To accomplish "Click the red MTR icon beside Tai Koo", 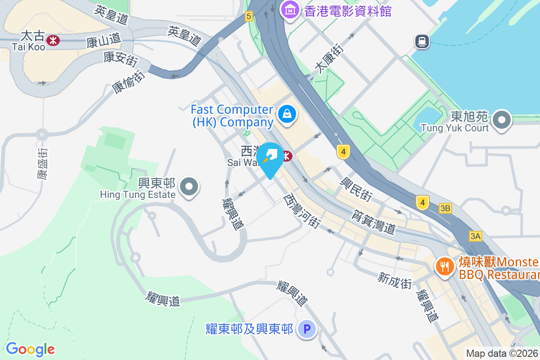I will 53,40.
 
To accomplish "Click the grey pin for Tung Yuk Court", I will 502,121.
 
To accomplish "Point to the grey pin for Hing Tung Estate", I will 189,186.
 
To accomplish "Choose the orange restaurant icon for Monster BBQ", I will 445,266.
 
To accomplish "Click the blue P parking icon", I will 307,329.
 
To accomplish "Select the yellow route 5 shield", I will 249,17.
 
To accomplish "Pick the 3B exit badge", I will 445,208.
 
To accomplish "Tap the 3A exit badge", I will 475,236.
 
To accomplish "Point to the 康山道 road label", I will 104,41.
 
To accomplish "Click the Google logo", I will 30,349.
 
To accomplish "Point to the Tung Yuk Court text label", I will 454,128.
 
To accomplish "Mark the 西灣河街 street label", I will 301,211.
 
